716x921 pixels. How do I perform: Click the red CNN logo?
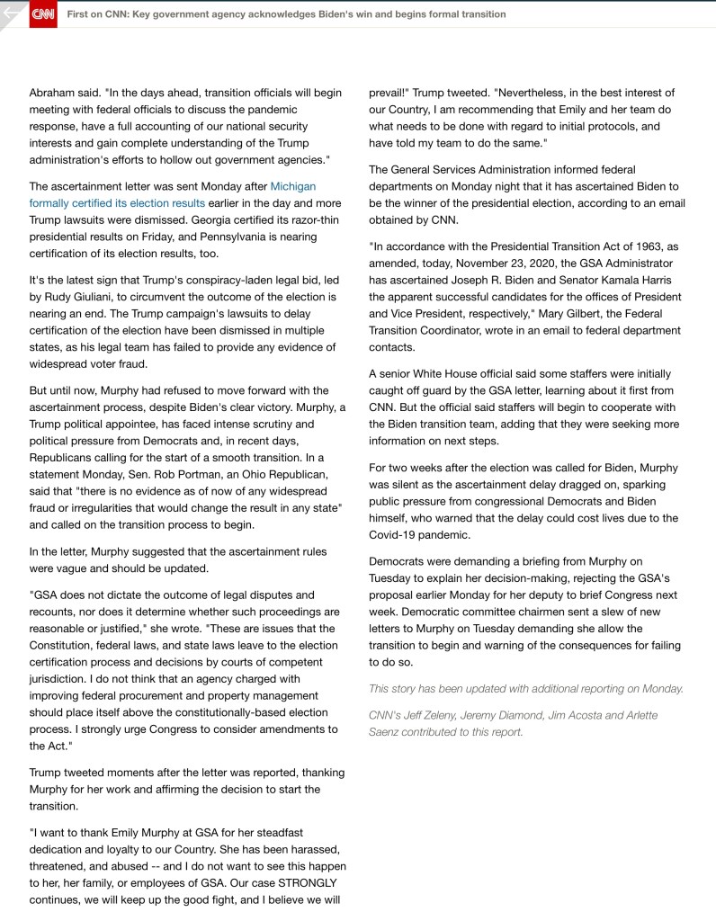coord(43,14)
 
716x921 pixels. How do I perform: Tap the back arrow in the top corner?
coord(12,13)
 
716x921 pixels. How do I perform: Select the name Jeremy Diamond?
coord(507,715)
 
